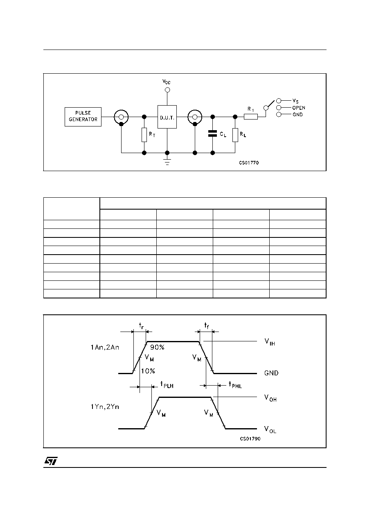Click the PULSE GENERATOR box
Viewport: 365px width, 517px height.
[83, 117]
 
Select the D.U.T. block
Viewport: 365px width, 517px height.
[167, 117]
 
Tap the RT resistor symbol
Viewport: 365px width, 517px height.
[144, 135]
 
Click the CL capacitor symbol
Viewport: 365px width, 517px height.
[212, 133]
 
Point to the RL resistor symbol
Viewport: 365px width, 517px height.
[235, 135]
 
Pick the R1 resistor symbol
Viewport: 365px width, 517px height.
[251, 117]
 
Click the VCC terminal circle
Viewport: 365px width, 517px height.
[167, 90]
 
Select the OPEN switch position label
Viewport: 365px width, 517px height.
[299, 108]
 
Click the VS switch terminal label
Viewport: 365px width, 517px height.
[295, 101]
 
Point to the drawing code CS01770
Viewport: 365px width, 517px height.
[249, 163]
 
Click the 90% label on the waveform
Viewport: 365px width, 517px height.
[157, 347]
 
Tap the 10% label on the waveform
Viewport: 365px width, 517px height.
[148, 371]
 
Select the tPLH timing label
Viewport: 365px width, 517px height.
[167, 384]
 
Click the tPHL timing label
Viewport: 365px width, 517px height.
[235, 384]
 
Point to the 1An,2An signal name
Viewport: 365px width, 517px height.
[105, 347]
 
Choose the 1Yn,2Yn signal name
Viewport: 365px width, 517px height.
[105, 406]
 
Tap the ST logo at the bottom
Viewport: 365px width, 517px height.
[51, 461]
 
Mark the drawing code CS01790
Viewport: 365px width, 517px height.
[250, 438]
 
